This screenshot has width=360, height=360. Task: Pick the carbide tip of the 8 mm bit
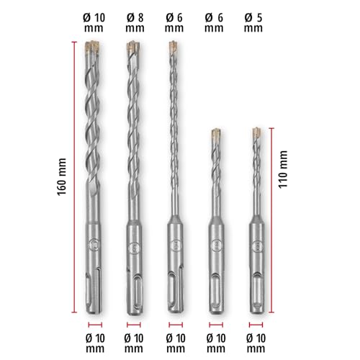[x=132, y=48]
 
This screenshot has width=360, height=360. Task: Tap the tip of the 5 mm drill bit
[x=256, y=134]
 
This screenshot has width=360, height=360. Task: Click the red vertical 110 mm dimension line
[x=272, y=220]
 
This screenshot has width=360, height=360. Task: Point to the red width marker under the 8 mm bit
[x=133, y=325]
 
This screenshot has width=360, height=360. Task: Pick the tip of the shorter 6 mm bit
[x=215, y=134]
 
